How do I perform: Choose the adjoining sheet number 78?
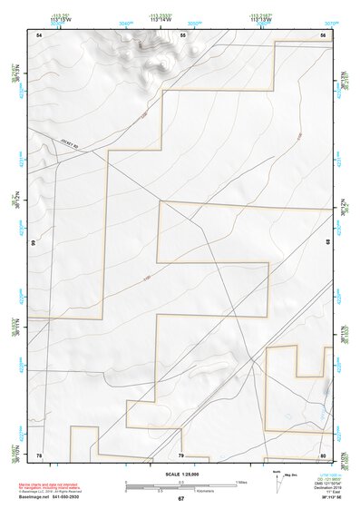click(39, 455)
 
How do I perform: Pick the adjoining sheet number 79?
click(181, 455)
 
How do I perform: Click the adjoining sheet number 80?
click(323, 455)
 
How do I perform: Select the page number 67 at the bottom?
click(180, 499)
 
